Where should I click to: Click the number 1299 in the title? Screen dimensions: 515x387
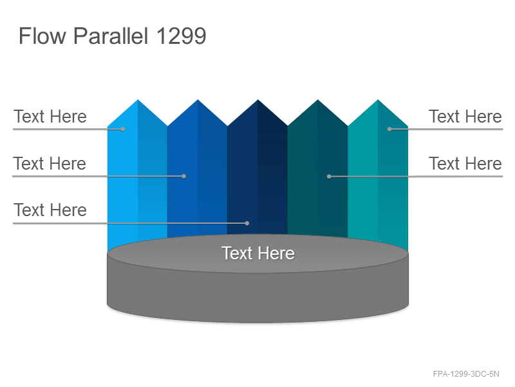182,35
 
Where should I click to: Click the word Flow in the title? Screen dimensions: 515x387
42,35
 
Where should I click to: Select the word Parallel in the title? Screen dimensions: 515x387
111,35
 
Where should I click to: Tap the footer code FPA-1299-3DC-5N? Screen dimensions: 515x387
466,374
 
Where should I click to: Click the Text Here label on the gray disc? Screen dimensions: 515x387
258,253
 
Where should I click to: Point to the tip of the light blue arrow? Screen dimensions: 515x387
138,100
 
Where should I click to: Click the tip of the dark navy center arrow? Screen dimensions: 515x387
258,100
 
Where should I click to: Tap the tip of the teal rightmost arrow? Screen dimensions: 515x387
378,100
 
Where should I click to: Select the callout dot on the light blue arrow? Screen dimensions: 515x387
123,130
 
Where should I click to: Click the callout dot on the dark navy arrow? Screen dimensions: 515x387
247,223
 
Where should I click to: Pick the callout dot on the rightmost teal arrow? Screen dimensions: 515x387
389,129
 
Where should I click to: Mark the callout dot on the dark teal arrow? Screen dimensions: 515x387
329,176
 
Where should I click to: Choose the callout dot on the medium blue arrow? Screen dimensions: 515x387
184,176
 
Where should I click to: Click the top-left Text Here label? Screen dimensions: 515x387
50,117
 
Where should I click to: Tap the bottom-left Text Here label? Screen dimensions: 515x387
50,210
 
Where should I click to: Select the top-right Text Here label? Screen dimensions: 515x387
465,117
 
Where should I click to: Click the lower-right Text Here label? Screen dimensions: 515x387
465,164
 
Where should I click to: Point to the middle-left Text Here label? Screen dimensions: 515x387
50,164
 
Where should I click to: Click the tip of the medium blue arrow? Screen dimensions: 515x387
198,100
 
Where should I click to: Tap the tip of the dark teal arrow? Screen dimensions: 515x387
317,100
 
